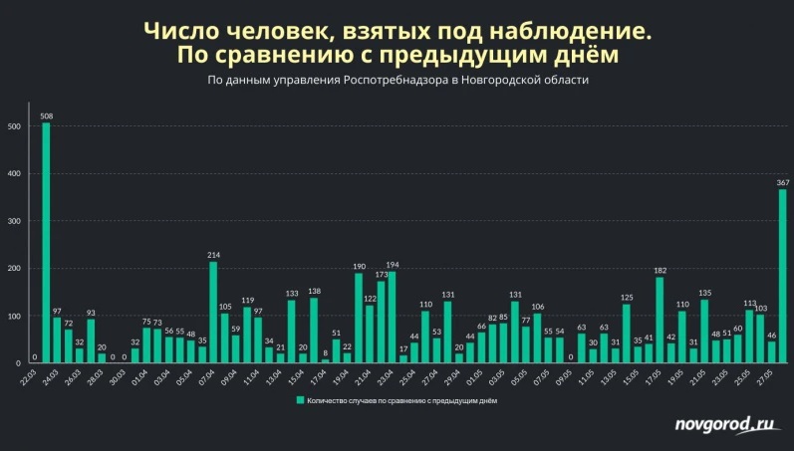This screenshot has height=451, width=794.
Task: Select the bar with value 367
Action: tap(783, 275)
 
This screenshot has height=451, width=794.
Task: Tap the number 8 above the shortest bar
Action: tap(325, 351)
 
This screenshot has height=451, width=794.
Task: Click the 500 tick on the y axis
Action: tap(13, 126)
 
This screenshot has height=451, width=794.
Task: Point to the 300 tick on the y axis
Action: tap(13, 221)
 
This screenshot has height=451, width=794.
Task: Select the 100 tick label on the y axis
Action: tap(13, 316)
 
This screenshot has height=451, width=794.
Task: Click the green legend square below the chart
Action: tap(298, 400)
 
